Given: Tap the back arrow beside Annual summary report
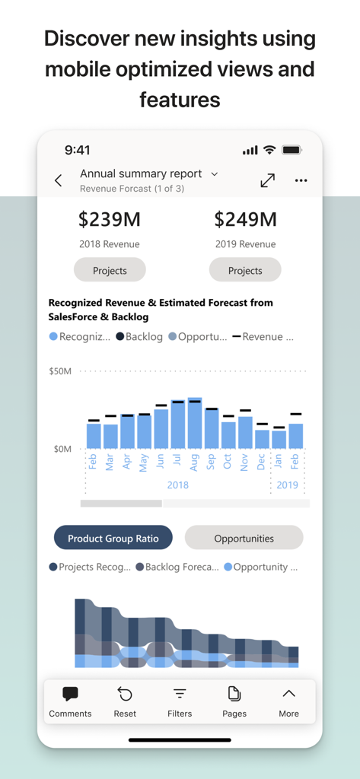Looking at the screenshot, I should pos(59,180).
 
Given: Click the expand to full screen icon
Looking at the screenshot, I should pos(267,180).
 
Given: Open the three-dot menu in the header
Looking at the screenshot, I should pos(301,180).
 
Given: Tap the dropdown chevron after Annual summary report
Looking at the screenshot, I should pos(215,174).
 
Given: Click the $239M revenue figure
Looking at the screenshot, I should pos(110,220).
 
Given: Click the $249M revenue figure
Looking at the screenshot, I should pos(245,220).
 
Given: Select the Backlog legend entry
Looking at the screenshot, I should pos(140,336).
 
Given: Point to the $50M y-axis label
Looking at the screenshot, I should pos(60,371).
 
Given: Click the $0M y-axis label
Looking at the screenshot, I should pos(62,449).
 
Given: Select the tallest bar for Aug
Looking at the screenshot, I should pos(195,423).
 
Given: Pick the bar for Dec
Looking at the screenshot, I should pos(262,439).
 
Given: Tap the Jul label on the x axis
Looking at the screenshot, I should pos(178,461).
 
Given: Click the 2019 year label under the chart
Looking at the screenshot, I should pos(287,485).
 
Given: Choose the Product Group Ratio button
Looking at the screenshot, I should pos(113,538).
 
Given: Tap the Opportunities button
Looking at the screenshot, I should pos(244,538).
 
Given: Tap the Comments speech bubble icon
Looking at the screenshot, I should pos(70,695).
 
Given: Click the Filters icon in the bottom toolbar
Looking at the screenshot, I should pos(180,695).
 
